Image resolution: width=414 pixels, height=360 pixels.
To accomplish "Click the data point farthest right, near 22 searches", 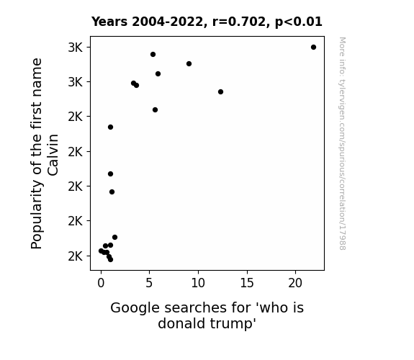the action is (x=313, y=48).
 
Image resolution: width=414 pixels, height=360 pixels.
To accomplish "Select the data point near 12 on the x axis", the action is (x=221, y=92).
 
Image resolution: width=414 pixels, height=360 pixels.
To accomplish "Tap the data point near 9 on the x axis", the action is (x=189, y=63).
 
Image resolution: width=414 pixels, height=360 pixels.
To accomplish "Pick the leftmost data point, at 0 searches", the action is (x=101, y=251).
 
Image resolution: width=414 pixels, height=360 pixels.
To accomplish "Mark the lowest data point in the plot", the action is (x=110, y=260).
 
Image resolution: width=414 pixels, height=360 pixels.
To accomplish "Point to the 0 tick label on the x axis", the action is (x=101, y=283).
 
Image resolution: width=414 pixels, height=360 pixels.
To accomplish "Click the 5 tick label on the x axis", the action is (x=149, y=283).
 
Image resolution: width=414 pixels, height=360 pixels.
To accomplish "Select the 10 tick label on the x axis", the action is (x=198, y=283).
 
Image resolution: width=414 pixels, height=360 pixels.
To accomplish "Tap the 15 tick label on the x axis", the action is (x=247, y=283).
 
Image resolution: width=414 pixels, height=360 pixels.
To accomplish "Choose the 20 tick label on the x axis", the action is (x=295, y=283).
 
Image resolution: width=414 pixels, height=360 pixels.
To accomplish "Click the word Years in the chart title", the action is (x=109, y=22).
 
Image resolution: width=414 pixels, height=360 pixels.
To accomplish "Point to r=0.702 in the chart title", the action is (x=239, y=22).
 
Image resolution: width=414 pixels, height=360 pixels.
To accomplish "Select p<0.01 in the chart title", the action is (x=299, y=22).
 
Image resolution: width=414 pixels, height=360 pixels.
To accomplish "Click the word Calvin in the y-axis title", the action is (x=53, y=155).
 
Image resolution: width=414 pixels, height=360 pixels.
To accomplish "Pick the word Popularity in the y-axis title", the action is (x=37, y=215).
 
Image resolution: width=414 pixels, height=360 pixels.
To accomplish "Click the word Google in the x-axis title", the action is (x=135, y=308).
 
